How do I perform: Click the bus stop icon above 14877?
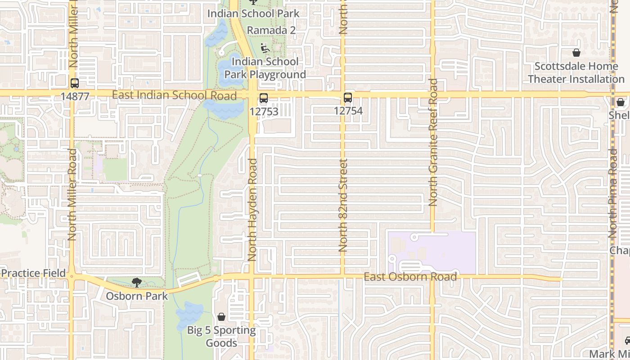coord(75,83)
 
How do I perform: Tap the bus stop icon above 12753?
coord(264,98)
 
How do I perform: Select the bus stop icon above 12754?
coord(348,98)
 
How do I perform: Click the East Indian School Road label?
coord(174,95)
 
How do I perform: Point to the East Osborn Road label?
coord(410,277)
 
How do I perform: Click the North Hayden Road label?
coord(252,210)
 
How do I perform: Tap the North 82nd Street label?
coord(343,205)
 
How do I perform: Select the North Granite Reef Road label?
coord(433,143)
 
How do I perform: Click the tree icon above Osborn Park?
coord(136,283)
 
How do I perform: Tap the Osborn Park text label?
coord(137,296)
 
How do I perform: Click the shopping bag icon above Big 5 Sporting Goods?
coord(221,317)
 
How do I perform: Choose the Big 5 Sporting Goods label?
coord(221,337)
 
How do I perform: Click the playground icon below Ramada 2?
coord(265,48)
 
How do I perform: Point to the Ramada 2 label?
coord(272,31)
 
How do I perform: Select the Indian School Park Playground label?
coord(265,68)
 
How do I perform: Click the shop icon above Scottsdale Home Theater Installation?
coord(576,53)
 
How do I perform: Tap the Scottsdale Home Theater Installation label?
coord(576,73)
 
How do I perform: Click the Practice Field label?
coord(33,273)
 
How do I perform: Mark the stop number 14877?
coord(75,96)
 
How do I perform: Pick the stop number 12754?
coord(348,111)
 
